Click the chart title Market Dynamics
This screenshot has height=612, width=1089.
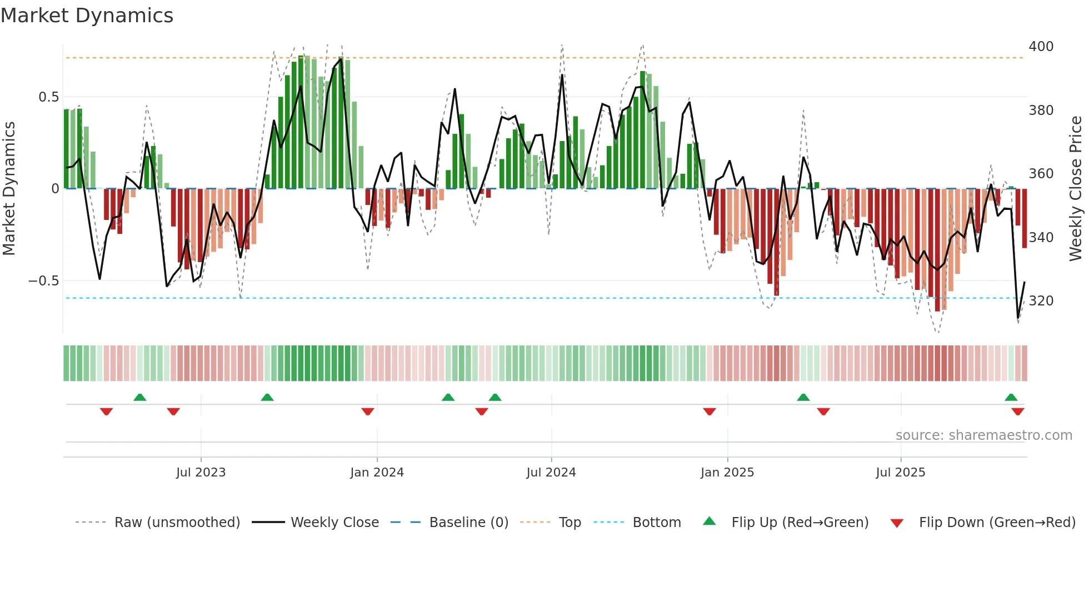(x=87, y=16)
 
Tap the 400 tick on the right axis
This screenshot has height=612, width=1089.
(x=1041, y=47)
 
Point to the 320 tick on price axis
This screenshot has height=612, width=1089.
(x=1041, y=301)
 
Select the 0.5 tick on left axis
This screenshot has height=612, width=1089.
(x=48, y=97)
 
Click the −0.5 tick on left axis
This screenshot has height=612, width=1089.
(x=44, y=281)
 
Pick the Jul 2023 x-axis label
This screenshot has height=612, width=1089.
(x=201, y=473)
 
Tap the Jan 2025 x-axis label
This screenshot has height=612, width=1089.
(x=727, y=473)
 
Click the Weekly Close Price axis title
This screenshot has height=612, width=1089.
(x=1076, y=189)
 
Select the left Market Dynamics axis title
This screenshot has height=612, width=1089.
(x=9, y=189)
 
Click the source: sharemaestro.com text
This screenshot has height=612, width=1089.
(x=983, y=435)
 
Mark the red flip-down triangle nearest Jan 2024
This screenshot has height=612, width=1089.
(x=367, y=412)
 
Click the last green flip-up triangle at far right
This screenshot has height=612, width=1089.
(x=1011, y=397)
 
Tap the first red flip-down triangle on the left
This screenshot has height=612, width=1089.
(x=106, y=412)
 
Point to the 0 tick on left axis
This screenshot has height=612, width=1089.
(x=55, y=189)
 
